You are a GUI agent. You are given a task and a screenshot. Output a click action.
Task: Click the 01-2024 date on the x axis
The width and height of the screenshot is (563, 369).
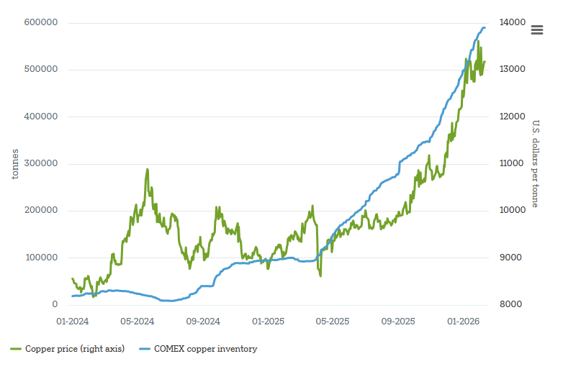coord(73,320)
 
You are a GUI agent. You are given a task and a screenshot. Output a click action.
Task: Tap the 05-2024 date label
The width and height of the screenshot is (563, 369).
coord(138,320)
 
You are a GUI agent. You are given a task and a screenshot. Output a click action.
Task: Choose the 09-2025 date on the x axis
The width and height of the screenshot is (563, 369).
coord(398,320)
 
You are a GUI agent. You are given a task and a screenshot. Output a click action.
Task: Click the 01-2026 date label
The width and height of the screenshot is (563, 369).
coord(464,320)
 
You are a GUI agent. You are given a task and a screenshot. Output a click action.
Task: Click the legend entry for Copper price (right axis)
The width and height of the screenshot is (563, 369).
coord(68,349)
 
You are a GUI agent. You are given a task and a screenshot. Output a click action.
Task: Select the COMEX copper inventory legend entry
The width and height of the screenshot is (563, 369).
coord(198,349)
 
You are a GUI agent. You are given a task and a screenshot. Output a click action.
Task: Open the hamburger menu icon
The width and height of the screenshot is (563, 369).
coord(537,29)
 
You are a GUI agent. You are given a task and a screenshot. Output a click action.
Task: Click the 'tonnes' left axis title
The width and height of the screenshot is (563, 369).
coord(15,164)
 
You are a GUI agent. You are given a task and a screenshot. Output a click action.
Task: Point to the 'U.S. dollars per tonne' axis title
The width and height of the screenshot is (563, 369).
coord(536,164)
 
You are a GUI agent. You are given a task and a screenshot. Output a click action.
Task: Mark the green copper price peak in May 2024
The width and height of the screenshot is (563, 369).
coord(148,170)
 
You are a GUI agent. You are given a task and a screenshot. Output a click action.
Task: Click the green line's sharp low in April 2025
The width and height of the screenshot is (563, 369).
coord(320,275)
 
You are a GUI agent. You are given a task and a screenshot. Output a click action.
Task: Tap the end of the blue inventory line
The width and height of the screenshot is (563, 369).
coord(485,28)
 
